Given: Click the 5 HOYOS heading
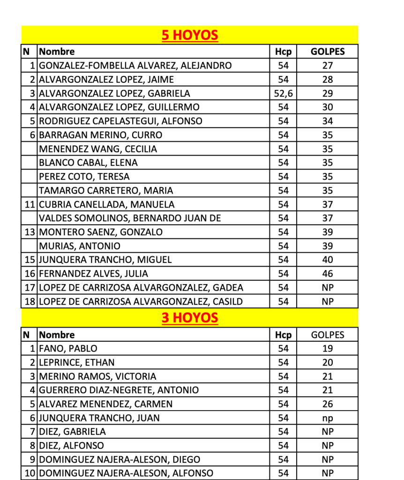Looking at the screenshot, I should point(189,35).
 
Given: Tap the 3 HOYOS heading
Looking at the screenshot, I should point(189,318).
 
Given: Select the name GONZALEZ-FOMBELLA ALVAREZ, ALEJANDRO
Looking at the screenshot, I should point(135,66).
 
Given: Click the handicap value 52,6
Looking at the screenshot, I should point(283,93).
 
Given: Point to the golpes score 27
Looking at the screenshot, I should point(327,66).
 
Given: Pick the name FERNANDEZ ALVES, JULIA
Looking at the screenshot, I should point(93,274).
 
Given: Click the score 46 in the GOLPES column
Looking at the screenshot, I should point(327,274).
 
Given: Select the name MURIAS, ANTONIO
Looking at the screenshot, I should point(80,246).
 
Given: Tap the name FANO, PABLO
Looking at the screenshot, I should point(68,349).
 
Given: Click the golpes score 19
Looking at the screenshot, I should point(327,349).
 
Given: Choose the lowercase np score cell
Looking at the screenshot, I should point(327,418).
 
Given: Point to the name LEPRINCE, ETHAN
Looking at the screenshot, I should point(77,363).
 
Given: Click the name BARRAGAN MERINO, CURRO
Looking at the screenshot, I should point(101,135).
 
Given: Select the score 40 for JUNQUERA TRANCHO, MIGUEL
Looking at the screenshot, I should point(327,260).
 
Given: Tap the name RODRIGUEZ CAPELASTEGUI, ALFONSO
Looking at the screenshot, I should point(121,121).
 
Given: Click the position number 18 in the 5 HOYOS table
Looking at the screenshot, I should point(30,301).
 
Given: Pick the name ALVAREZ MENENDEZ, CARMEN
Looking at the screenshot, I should point(106,404).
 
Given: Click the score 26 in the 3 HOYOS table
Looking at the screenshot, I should point(327,404).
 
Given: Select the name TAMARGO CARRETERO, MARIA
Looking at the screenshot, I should point(106,190).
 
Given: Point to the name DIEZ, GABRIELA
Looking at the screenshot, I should point(73,432).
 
